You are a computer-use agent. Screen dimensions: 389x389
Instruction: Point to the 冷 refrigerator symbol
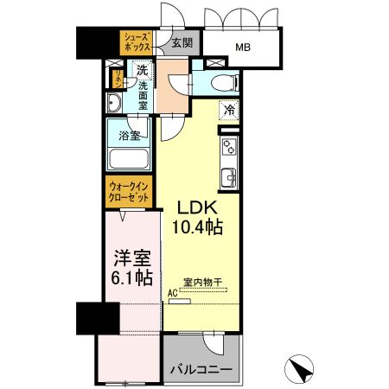tap(229, 110)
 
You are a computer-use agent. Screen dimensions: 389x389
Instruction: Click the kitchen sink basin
tap(229, 178)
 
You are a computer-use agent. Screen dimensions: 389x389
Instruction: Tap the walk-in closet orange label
tap(128, 190)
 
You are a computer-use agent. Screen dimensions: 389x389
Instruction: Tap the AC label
tap(173, 294)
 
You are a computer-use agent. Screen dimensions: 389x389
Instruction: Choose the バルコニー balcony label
tap(201, 370)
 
